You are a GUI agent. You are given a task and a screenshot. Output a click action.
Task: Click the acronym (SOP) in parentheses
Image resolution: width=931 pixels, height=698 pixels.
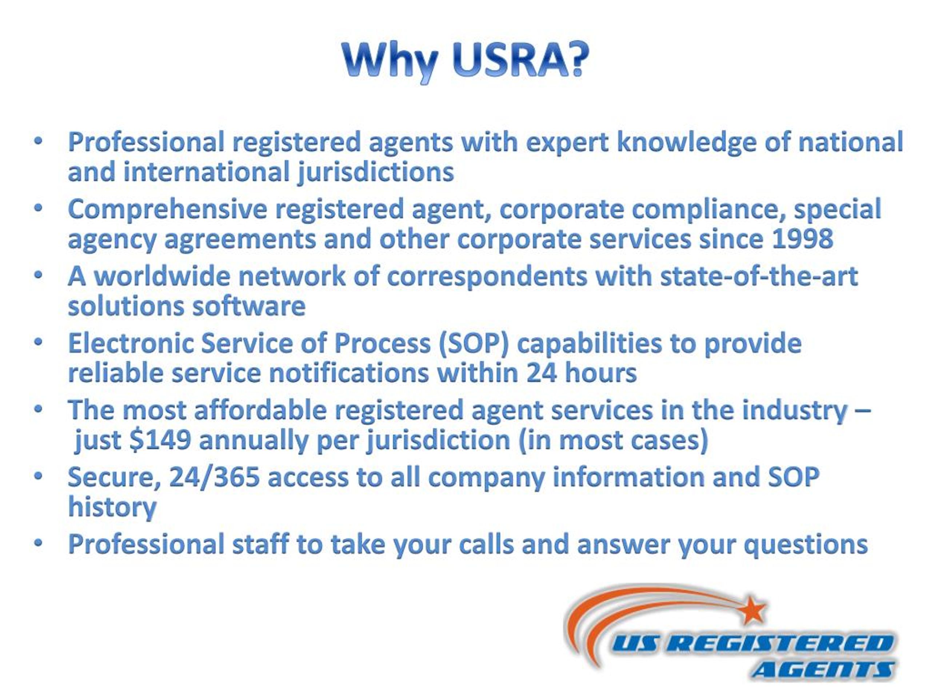[x=473, y=343]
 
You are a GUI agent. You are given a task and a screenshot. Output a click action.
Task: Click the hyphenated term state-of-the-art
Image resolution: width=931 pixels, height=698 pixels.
[x=759, y=276]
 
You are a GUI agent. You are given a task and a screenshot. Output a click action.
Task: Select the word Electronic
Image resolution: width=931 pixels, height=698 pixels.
[x=130, y=343]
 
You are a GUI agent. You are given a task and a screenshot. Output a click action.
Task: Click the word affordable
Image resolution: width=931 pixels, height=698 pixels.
[x=260, y=410]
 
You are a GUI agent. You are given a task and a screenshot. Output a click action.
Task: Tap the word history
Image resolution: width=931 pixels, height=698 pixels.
[x=112, y=508]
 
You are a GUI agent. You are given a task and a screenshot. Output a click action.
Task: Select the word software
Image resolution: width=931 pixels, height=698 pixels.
[x=249, y=306]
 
